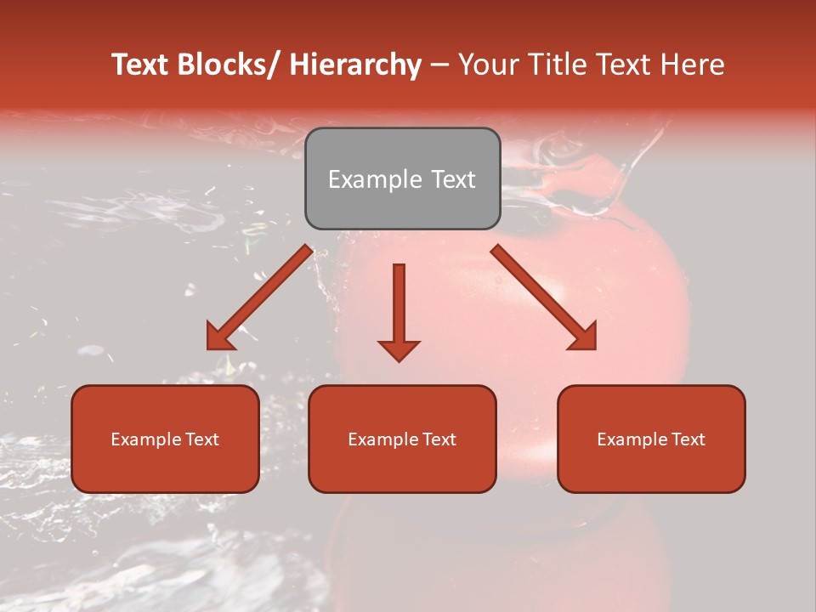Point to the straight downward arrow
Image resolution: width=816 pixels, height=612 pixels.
pyautogui.click(x=399, y=310)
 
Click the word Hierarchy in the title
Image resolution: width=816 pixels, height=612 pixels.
pyautogui.click(x=355, y=65)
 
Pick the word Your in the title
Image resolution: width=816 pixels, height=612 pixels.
pyautogui.click(x=487, y=65)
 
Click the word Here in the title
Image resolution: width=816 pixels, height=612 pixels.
pyautogui.click(x=695, y=65)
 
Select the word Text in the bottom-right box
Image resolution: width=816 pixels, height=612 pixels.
pyautogui.click(x=688, y=439)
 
